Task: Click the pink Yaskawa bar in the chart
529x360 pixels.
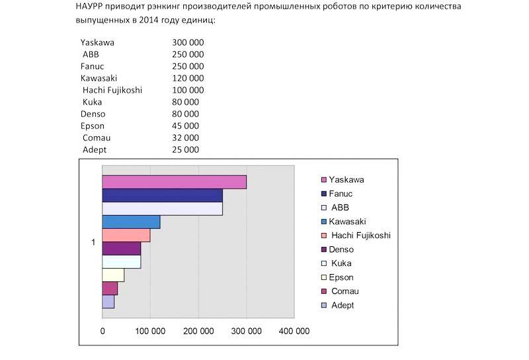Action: coord(174,182)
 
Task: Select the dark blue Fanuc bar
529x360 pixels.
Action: coord(162,196)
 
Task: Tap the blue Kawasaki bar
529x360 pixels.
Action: coord(131,222)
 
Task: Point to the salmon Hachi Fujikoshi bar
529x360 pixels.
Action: coord(126,235)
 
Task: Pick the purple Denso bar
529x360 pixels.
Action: coord(121,249)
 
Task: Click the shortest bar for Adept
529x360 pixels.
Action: coord(108,302)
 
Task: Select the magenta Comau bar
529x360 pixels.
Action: coord(110,289)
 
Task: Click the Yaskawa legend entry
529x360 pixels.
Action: coord(346,179)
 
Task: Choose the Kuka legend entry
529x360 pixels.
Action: coord(341,263)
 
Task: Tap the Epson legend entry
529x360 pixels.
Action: coord(341,277)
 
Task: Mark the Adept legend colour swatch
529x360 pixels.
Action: coord(323,306)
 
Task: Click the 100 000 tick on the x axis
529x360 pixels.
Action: coord(150,331)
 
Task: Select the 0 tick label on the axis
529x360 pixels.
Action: coord(102,331)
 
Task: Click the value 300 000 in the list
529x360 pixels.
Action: coord(188,42)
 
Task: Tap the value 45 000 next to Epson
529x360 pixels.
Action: coord(184,126)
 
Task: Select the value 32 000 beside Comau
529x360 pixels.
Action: coord(184,138)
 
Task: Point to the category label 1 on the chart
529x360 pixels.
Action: coord(93,243)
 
